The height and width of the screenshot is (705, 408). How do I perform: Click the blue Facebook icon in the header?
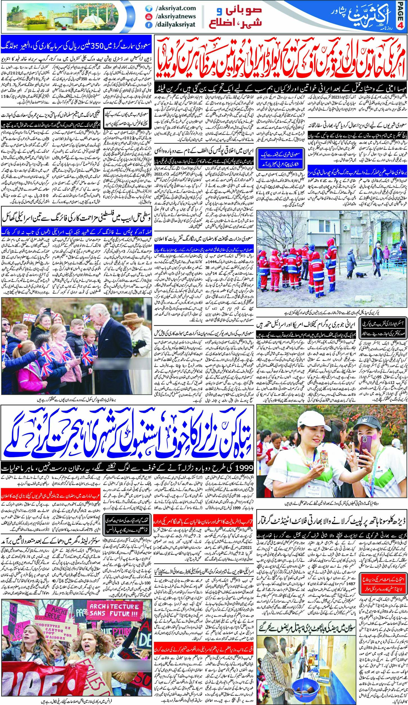pyautogui.click(x=147, y=24)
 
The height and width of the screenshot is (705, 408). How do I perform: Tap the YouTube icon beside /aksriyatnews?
pyautogui.click(x=147, y=17)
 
